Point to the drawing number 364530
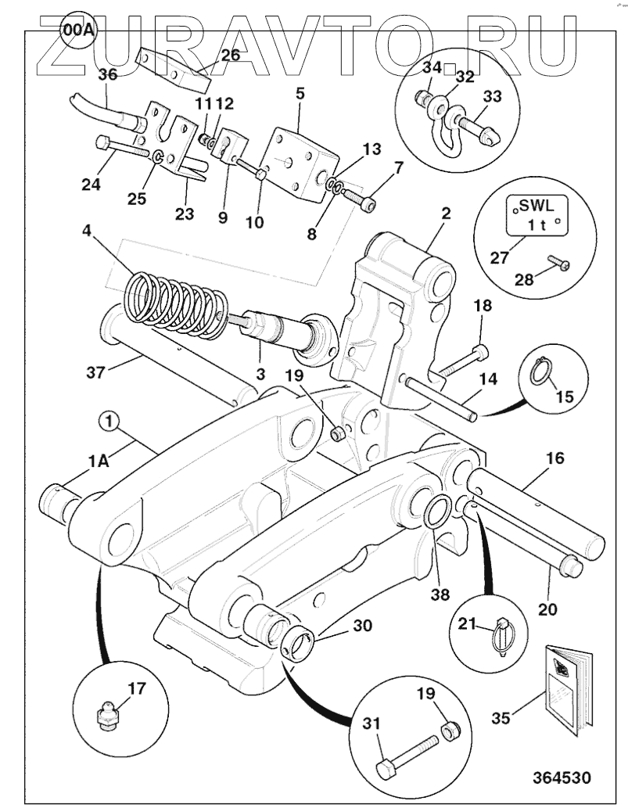562,778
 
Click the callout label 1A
99,461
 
